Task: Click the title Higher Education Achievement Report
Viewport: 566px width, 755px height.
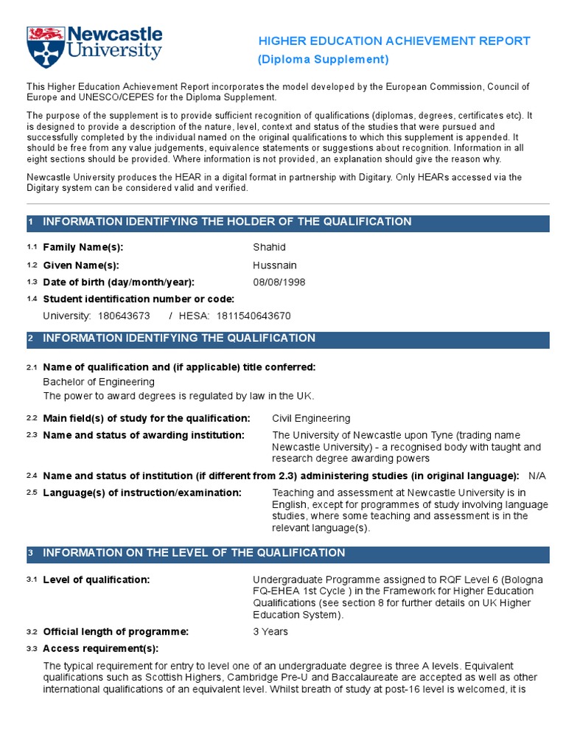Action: pos(394,41)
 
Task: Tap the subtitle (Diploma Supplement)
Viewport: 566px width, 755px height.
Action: pos(323,59)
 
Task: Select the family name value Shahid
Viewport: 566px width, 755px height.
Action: pos(269,247)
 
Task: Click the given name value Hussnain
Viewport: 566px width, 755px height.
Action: pos(275,265)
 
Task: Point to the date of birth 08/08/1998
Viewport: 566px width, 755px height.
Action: pos(279,282)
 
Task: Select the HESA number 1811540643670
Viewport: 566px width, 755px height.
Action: pos(254,316)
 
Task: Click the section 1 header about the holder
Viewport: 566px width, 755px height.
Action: pos(227,222)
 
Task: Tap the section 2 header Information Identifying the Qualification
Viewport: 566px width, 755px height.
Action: pos(179,338)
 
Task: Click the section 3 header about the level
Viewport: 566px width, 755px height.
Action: pos(194,553)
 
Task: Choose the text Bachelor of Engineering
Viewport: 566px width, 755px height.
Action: pos(99,382)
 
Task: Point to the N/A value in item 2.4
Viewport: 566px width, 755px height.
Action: pos(537,476)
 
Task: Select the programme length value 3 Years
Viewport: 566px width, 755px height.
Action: pos(270,632)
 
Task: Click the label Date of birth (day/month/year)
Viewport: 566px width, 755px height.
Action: pos(119,282)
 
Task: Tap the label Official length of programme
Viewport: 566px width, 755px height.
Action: pos(116,632)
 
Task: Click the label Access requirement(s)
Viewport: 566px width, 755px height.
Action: pos(101,649)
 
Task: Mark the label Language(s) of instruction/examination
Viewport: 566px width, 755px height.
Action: pos(142,493)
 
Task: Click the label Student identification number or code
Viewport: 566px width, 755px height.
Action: pos(139,299)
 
